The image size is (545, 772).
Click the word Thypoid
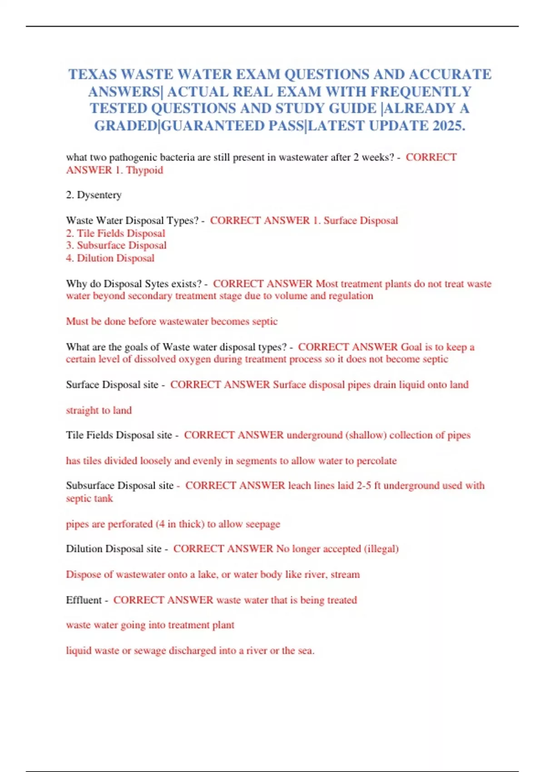point(144,170)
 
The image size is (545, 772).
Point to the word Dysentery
point(99,195)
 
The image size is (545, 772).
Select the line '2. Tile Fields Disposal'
point(115,233)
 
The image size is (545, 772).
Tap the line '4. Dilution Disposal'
point(110,258)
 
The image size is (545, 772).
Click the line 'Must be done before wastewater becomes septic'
point(172,322)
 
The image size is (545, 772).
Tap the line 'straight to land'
point(99,411)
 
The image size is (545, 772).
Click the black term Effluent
point(84,600)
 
